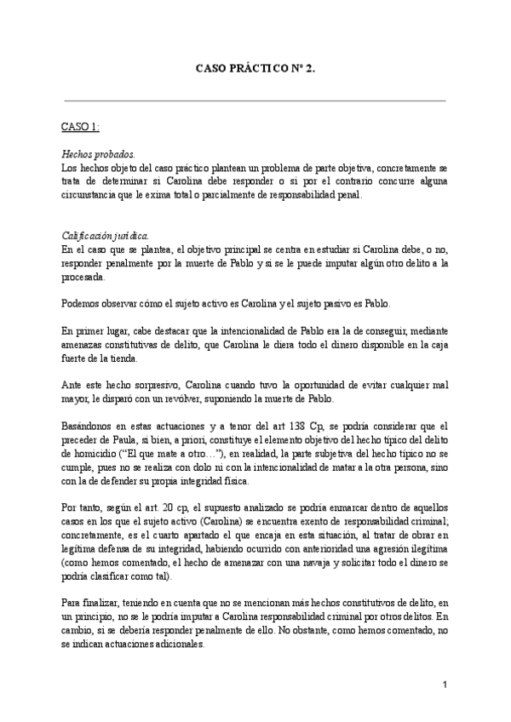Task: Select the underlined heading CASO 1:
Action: pos(80,127)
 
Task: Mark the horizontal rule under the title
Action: pos(255,101)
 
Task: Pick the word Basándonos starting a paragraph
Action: pos(91,427)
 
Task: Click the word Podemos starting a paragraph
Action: pos(83,304)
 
